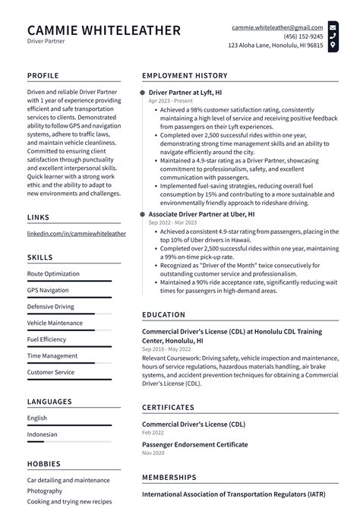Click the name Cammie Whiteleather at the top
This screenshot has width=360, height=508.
click(x=104, y=30)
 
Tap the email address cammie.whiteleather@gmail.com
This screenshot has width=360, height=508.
click(x=277, y=27)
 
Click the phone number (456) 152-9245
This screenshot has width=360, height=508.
click(x=302, y=36)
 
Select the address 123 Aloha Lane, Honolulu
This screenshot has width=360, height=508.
click(x=276, y=46)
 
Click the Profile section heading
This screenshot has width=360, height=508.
click(x=44, y=76)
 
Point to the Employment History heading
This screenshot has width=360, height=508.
click(x=185, y=76)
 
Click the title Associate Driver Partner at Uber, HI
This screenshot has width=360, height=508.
click(x=201, y=215)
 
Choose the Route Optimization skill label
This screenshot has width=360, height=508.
click(x=53, y=273)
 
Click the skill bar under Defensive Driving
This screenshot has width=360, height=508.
click(x=69, y=314)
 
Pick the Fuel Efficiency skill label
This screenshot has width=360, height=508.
click(x=47, y=339)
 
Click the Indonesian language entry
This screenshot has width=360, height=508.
click(x=43, y=434)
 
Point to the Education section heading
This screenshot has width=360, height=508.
click(x=164, y=314)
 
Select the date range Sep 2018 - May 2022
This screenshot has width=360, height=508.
click(x=172, y=350)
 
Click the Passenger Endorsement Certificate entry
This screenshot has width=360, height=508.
click(x=194, y=444)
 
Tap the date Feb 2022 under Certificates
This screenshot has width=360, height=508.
click(x=153, y=432)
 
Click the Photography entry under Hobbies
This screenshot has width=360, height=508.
click(x=46, y=491)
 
